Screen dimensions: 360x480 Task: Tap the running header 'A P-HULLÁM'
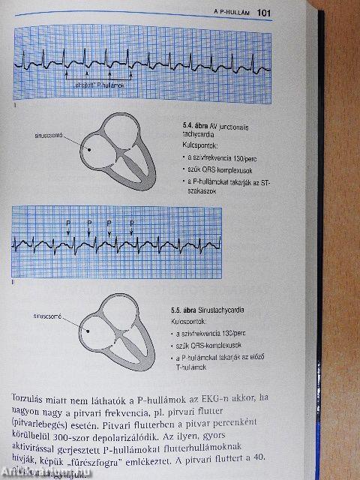point(231,13)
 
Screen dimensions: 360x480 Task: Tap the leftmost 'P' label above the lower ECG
point(68,223)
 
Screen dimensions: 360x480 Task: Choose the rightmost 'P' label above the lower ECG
point(133,223)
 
